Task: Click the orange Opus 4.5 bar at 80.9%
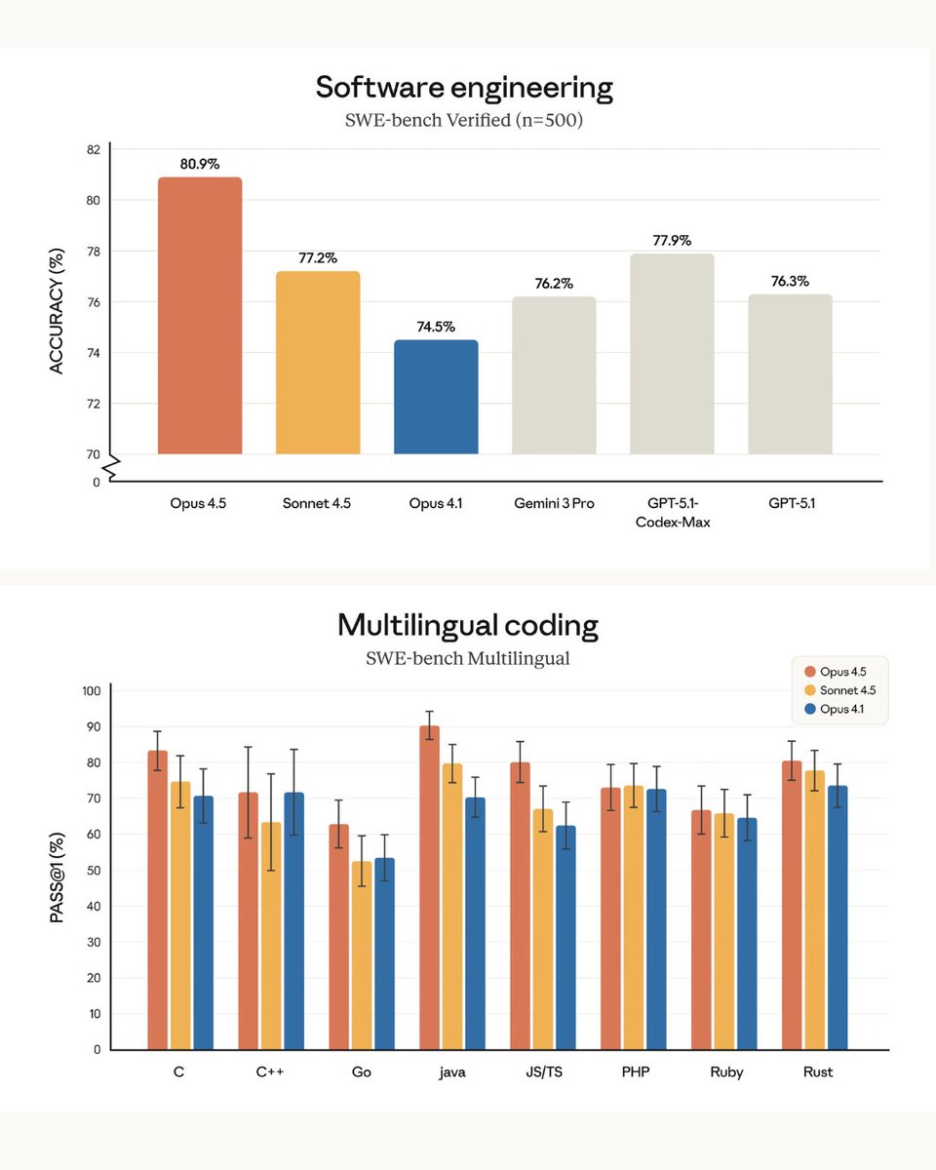[200, 317]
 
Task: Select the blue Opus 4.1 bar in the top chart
[436, 397]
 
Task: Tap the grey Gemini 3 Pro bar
[554, 375]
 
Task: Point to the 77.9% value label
[672, 240]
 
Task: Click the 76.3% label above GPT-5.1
[790, 280]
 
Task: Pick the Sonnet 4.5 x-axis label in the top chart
[318, 503]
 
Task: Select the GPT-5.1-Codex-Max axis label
[672, 512]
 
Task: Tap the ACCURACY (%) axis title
[57, 311]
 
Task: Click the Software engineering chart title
[464, 88]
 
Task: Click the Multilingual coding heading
[468, 624]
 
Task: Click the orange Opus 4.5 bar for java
[429, 887]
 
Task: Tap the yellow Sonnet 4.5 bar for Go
[362, 955]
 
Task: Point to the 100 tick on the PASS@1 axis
[91, 691]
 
